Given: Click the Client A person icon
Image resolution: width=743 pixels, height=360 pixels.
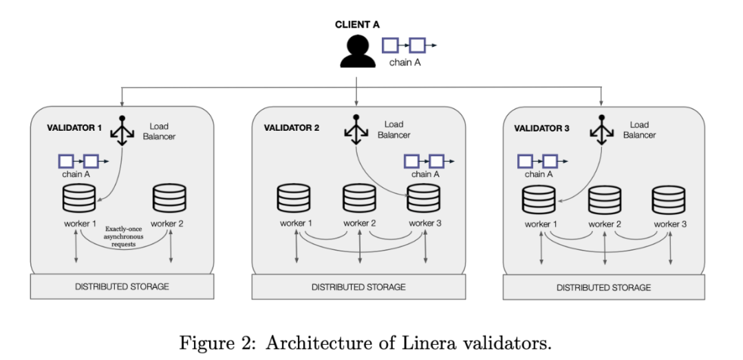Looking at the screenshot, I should coord(357,51).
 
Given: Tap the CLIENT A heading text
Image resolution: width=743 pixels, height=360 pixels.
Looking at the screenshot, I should coord(357,25).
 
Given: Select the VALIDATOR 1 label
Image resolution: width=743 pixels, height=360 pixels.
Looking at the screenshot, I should coord(74,128).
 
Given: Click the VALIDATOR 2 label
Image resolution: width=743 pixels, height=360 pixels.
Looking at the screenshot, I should coord(292,128).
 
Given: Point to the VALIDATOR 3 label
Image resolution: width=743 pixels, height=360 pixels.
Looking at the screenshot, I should coord(541,129).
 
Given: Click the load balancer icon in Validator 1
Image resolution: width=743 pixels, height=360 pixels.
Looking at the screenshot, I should coord(122,130).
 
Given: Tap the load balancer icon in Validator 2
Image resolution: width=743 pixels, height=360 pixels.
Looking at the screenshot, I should coord(356,129).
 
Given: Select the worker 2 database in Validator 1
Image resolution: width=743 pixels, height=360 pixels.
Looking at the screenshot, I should coord(169,198).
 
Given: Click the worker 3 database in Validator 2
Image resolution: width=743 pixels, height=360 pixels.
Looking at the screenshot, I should coord(424,199).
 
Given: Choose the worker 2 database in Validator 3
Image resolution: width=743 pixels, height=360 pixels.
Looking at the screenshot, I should coord(604,200).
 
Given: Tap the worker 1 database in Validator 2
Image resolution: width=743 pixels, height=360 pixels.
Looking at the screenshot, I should coord(294,198).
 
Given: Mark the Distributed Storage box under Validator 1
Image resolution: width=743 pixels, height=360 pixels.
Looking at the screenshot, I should coord(122,286).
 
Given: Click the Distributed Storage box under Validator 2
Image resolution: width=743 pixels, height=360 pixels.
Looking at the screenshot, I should coord(358,286).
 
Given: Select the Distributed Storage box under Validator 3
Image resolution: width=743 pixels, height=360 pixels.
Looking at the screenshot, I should coord(603,287).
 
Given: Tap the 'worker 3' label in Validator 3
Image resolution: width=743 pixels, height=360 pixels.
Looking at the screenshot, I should coord(670,224).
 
